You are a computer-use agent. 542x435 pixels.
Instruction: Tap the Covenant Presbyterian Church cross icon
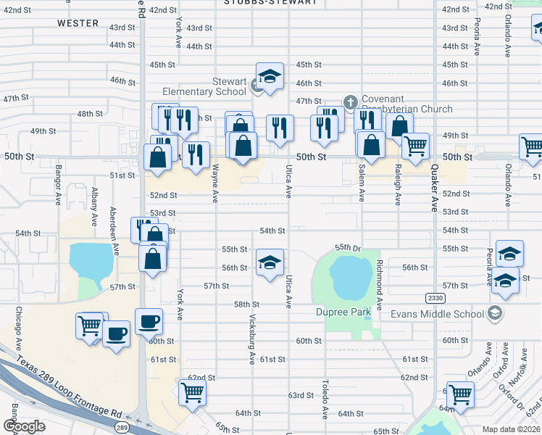coord(350,101)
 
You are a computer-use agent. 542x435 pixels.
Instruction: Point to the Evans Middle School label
coord(437,314)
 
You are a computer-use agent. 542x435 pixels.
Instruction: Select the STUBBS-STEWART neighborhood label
coord(271,2)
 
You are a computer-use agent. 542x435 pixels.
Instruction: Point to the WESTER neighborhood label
coord(78,23)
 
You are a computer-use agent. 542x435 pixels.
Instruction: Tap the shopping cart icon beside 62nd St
coord(192,392)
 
